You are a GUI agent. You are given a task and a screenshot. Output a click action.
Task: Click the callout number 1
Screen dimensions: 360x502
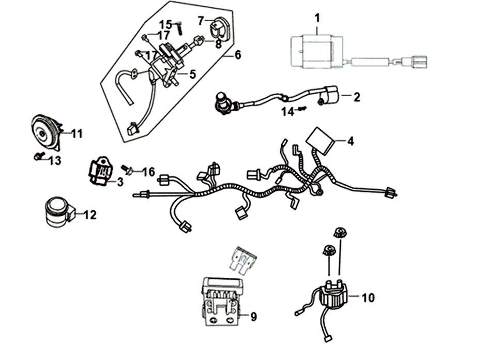point(317,19)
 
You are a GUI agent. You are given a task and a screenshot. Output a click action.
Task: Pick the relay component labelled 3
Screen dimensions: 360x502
point(102,171)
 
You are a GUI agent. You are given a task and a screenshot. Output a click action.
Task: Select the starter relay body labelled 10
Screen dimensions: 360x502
point(332,295)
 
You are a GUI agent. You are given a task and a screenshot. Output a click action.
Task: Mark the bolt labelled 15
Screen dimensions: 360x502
point(178,28)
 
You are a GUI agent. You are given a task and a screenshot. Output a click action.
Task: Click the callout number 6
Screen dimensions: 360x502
point(237,54)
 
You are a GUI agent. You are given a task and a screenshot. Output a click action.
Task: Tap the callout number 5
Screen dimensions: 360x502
point(192,74)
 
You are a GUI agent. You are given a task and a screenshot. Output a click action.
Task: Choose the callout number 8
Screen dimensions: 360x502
point(218,45)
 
